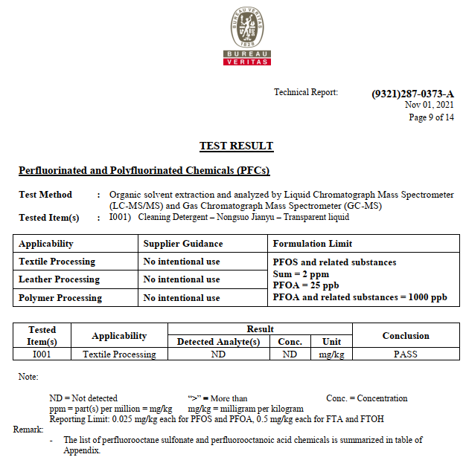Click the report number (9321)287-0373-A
(x=412, y=94)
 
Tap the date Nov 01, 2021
(x=429, y=106)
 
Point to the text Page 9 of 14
(x=431, y=117)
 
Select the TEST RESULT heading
(x=236, y=146)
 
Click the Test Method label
(x=45, y=195)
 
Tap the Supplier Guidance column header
(x=182, y=244)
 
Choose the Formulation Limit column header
(x=313, y=244)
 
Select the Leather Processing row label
(x=59, y=279)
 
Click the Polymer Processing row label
(x=60, y=298)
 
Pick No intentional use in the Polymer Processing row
(x=182, y=298)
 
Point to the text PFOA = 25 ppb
(x=306, y=285)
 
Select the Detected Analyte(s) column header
(x=218, y=342)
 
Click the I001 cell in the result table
(x=42, y=354)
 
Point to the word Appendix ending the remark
(x=82, y=450)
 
